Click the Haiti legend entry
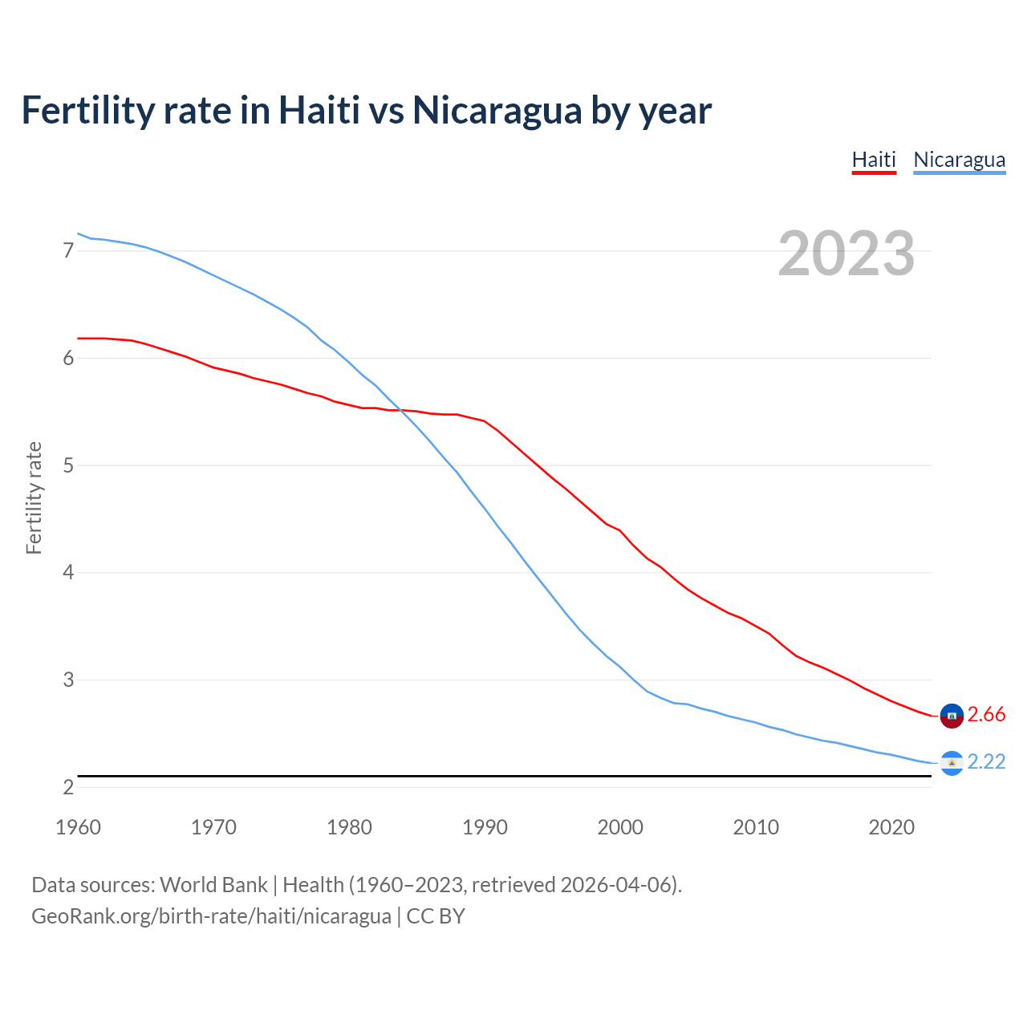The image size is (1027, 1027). click(x=874, y=160)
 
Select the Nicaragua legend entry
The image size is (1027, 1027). click(x=959, y=160)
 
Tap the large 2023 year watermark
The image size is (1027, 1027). click(x=846, y=254)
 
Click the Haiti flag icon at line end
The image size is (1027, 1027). click(x=952, y=715)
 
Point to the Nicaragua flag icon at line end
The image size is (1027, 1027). click(x=952, y=762)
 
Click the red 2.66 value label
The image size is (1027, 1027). click(x=986, y=715)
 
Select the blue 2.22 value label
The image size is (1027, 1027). click(x=986, y=761)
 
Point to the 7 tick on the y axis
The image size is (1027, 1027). click(x=68, y=251)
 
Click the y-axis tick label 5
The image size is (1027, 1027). click(x=68, y=465)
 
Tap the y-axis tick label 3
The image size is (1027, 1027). click(x=68, y=680)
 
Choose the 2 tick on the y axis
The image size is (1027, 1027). click(x=68, y=787)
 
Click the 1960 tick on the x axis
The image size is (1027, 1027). click(x=78, y=827)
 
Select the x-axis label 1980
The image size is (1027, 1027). click(x=349, y=827)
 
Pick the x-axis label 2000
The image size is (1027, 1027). click(x=620, y=827)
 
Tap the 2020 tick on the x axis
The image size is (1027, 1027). click(x=891, y=827)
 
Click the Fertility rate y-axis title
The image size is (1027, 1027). click(x=34, y=497)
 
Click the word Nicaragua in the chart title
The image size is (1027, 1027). click(x=497, y=111)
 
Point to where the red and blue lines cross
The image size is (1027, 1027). click(x=400, y=410)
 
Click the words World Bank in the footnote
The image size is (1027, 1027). click(x=213, y=885)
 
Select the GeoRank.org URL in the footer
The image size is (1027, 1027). click(x=211, y=916)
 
